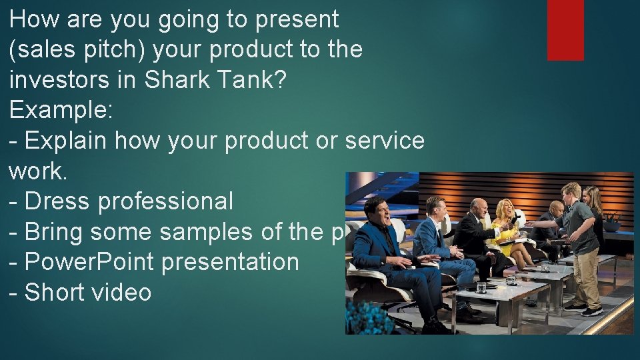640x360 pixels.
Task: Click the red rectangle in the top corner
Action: (x=565, y=30)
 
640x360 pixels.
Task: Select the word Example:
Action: (x=61, y=110)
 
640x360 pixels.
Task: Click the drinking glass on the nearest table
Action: (x=481, y=287)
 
